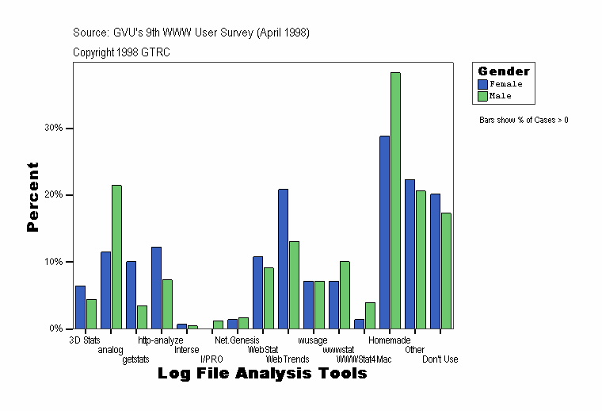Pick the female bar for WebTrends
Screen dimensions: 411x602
(283, 259)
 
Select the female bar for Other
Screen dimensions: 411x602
(410, 254)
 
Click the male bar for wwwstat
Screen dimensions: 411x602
(345, 294)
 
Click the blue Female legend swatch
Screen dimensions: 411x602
(482, 83)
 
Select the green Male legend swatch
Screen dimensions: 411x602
(482, 96)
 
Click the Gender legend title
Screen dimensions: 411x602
(504, 71)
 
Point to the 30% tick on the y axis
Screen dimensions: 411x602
(71, 129)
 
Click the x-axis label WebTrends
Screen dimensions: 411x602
(288, 359)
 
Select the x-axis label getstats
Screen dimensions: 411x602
(135, 359)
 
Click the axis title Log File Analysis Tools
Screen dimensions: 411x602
(262, 373)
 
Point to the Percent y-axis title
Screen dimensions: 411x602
(32, 197)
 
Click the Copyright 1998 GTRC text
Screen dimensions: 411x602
(121, 52)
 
